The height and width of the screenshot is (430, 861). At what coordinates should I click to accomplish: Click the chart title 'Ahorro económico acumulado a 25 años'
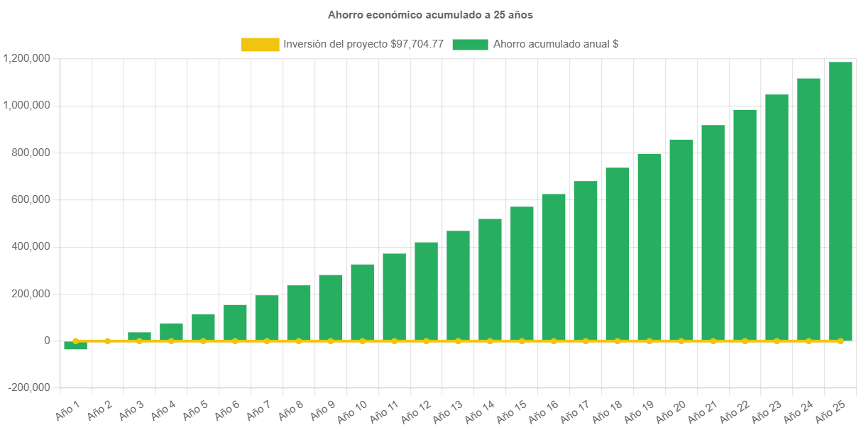coord(430,14)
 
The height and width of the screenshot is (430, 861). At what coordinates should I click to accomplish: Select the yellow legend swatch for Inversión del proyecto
coord(260,44)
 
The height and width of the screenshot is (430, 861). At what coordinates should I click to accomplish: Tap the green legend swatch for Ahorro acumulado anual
coord(470,44)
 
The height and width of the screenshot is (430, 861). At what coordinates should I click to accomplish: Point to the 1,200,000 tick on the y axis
coord(26,58)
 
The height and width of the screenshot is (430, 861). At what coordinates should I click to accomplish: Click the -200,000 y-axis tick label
coord(29,387)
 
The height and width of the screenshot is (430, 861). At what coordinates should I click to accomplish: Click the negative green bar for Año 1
coord(75,346)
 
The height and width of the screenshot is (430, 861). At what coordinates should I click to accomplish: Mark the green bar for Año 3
coord(139,336)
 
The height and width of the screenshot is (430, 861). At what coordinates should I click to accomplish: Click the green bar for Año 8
coord(298,312)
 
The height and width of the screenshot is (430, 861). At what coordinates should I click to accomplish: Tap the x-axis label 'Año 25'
coord(830,409)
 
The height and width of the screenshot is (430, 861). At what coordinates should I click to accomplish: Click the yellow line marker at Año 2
coord(107,341)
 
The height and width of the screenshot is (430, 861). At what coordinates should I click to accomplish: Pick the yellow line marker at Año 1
coord(75,341)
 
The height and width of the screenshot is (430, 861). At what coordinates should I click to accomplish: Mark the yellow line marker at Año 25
coord(840,341)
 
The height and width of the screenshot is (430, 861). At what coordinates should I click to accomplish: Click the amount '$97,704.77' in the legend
coord(417,44)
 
